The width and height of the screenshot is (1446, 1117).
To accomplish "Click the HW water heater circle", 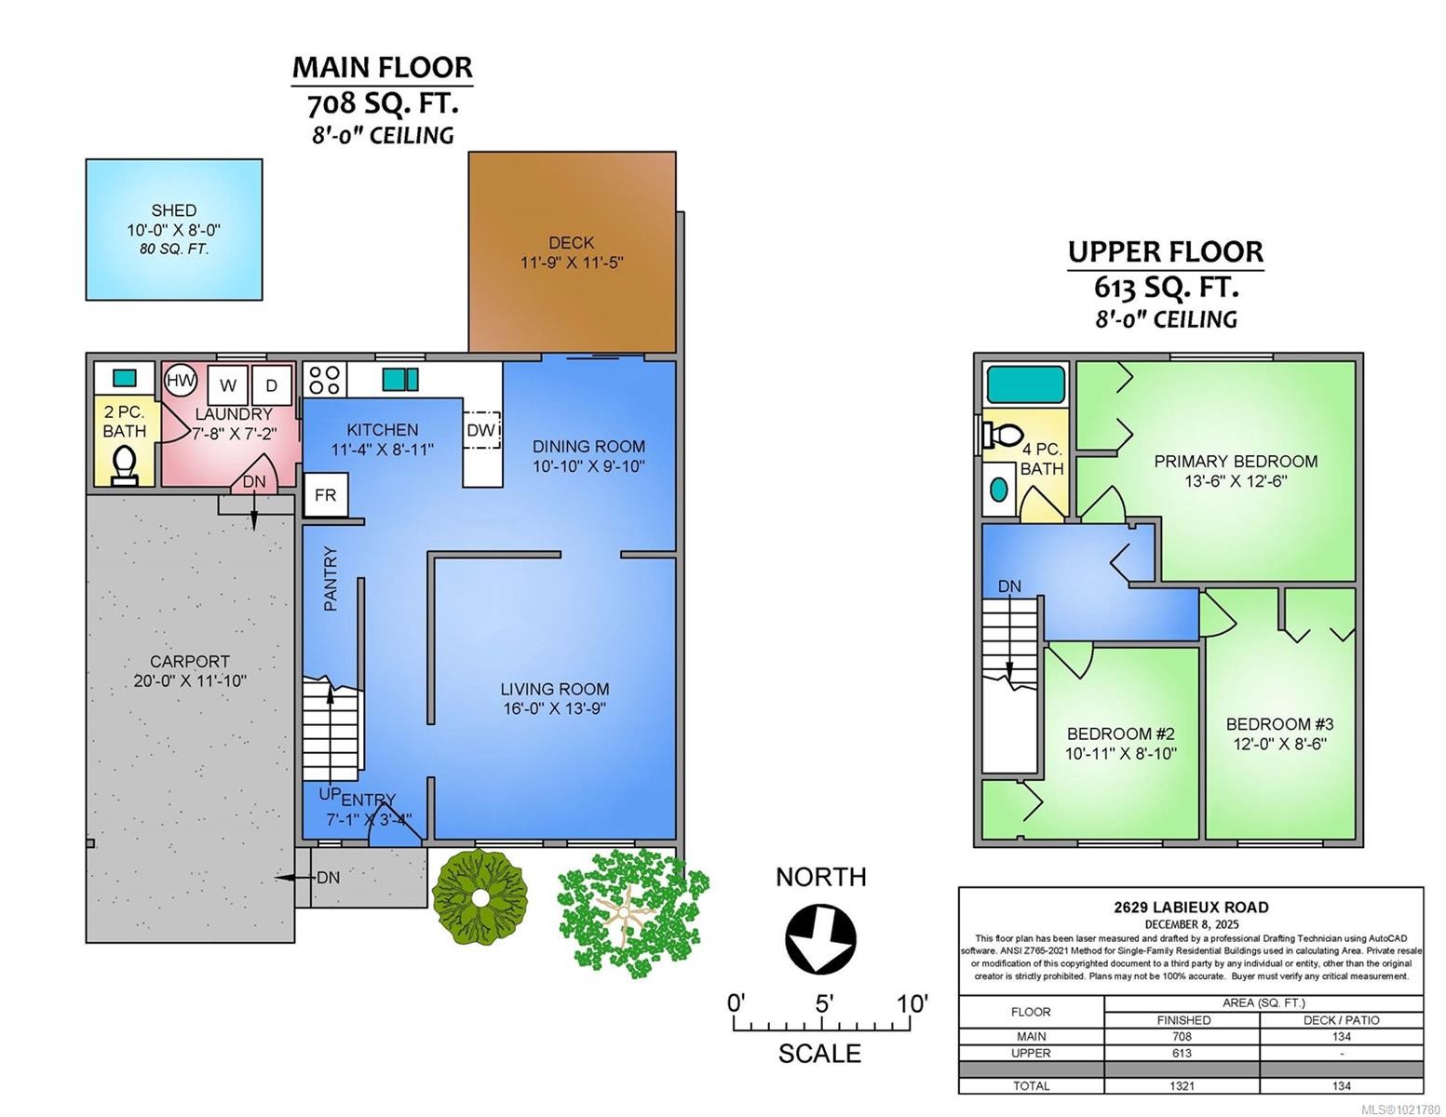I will pos(181,381).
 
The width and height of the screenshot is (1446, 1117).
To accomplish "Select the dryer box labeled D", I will pos(272,385).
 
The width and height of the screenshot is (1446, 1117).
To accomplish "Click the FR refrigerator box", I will pos(325,495).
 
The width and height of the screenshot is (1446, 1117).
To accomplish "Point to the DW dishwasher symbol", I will pos(481,430).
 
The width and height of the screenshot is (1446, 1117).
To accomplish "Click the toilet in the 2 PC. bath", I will pos(124,464).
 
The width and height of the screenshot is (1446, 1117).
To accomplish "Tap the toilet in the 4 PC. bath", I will pos(1002,435).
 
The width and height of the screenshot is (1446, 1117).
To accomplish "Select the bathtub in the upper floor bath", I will pos(1026,384).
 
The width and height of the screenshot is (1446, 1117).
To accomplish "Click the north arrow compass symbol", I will pos(820,938).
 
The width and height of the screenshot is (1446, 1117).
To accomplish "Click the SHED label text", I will pos(174,210).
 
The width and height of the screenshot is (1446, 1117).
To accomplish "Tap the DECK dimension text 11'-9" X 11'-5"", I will pos(572,262).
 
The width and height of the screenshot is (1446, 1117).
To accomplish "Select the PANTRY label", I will pos(331,579).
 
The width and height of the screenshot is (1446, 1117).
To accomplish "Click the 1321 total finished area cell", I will pos(1182,1085).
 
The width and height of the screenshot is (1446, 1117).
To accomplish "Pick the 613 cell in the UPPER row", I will pos(1182,1053).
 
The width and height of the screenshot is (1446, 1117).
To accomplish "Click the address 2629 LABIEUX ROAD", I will pos(1191,907).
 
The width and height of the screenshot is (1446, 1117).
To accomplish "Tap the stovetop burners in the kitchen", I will pos(324,380).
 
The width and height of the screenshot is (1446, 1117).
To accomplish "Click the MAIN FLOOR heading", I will pos(383,67).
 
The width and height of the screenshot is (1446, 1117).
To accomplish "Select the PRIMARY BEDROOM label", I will pos(1236,461).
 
